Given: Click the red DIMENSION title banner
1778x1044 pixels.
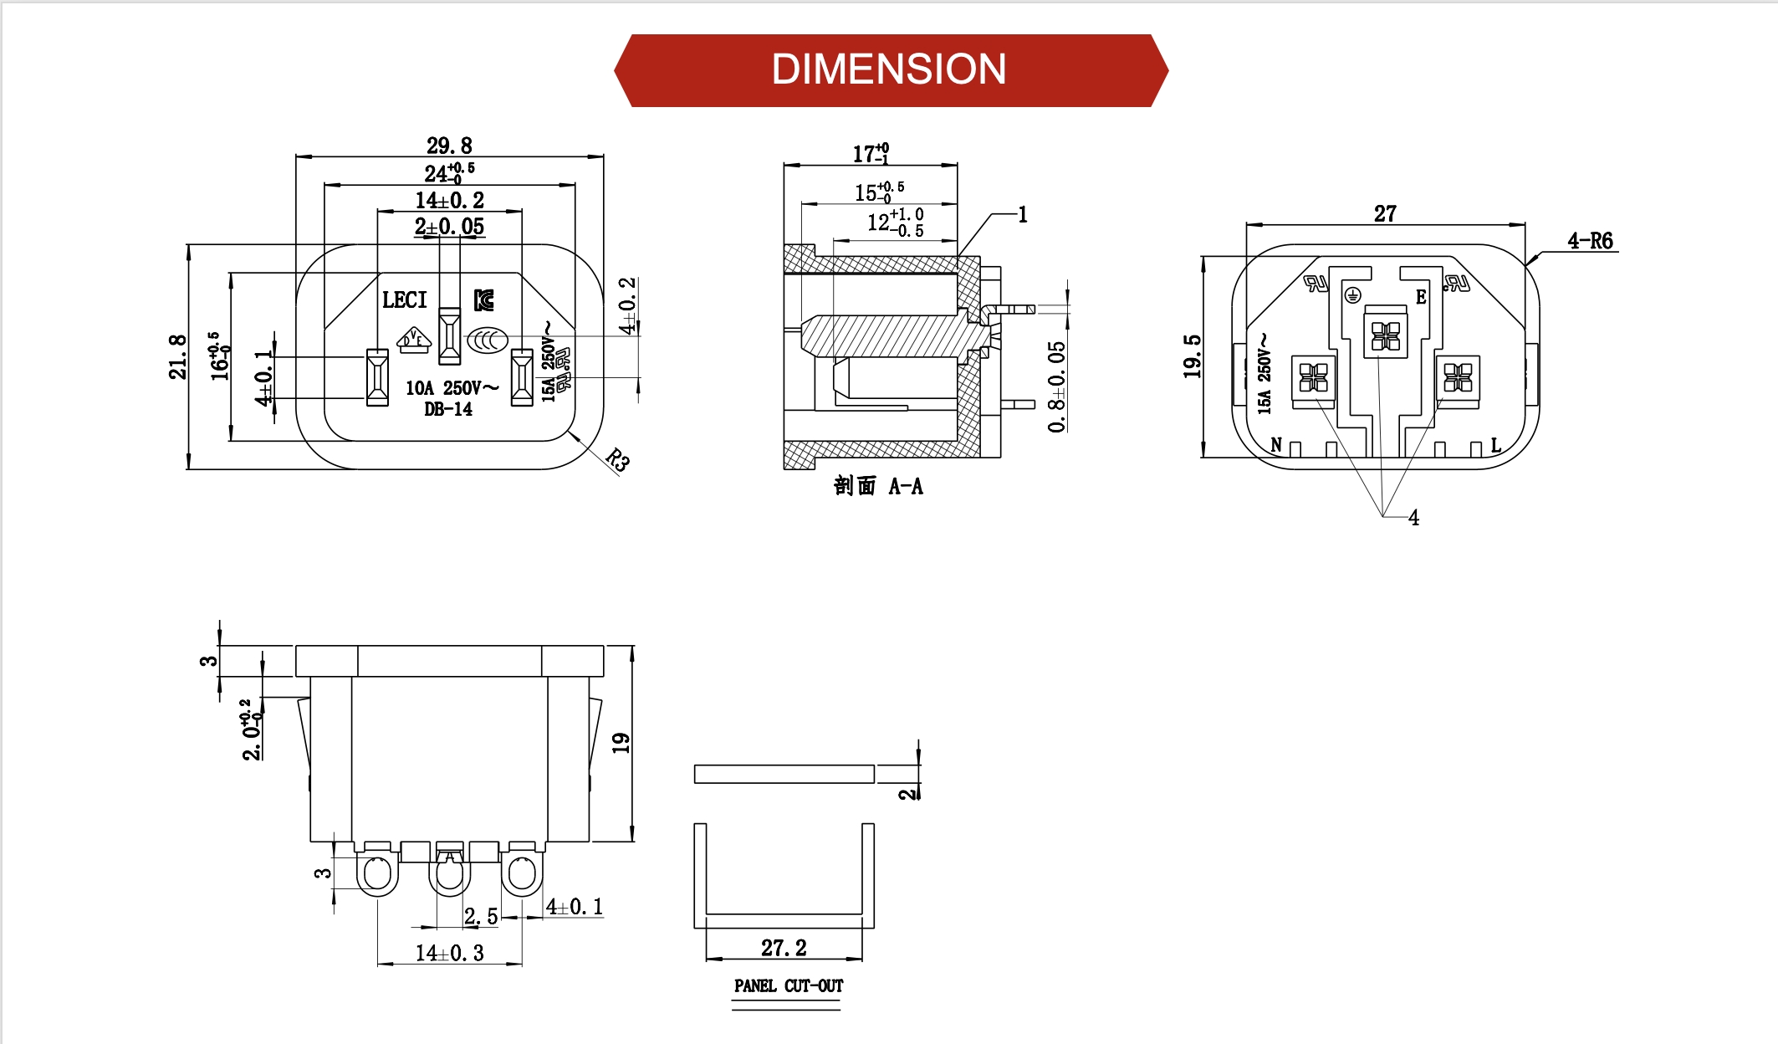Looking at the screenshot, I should (x=890, y=70).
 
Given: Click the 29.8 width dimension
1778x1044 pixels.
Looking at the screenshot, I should (x=449, y=146).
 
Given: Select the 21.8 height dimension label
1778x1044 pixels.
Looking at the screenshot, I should (x=177, y=357).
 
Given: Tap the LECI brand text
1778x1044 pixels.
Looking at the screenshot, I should (x=404, y=299).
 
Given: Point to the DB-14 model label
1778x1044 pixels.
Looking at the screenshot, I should (x=448, y=409).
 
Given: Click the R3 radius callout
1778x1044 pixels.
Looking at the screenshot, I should (x=617, y=459).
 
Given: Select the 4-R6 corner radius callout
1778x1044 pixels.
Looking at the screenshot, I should (x=1589, y=241).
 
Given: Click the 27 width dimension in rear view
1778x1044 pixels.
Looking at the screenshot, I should (x=1385, y=213).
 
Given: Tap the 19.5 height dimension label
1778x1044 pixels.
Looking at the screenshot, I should (x=1192, y=356).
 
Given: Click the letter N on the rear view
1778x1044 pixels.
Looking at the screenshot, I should (x=1276, y=444).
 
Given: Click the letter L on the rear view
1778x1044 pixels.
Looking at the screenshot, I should (x=1496, y=444).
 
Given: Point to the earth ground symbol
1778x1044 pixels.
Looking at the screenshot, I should (x=1352, y=294).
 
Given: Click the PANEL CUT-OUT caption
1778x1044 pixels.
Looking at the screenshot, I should (x=788, y=985).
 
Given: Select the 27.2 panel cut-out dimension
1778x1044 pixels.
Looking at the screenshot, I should (x=784, y=948).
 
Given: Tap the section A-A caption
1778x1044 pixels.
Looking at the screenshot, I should (x=878, y=486).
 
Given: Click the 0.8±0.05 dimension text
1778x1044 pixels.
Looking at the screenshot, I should (x=1057, y=386).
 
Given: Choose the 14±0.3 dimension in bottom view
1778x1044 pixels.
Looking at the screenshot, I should (x=449, y=953).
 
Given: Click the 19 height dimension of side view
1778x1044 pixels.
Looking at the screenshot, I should (x=621, y=743).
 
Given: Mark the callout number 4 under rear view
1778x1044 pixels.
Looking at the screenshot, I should (x=1413, y=518).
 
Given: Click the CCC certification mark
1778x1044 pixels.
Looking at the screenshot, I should (x=487, y=340).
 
